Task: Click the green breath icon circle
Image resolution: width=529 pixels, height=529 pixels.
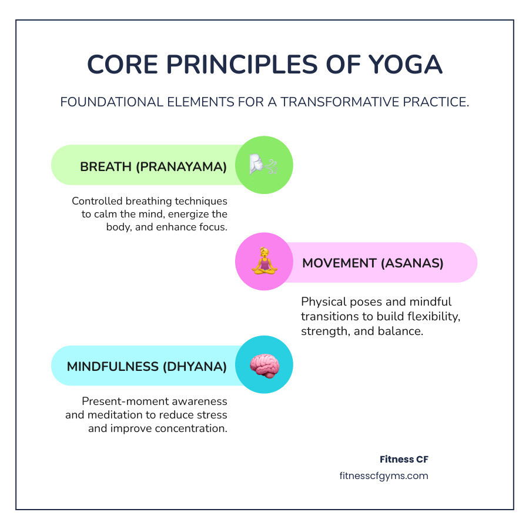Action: (264, 165)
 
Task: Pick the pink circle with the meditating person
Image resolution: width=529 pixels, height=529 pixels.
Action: (264, 262)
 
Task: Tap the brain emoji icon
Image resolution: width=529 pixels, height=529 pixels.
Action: (264, 366)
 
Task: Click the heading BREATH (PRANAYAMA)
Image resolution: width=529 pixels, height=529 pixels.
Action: (153, 166)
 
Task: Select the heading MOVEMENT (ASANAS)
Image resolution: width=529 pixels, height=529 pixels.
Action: (373, 263)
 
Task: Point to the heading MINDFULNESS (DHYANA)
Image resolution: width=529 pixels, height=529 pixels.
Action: (146, 367)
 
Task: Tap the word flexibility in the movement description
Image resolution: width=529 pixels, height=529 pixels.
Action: (428, 316)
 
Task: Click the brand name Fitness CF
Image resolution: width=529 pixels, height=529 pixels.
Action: (404, 459)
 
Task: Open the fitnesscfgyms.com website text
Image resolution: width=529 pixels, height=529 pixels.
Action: (384, 476)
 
